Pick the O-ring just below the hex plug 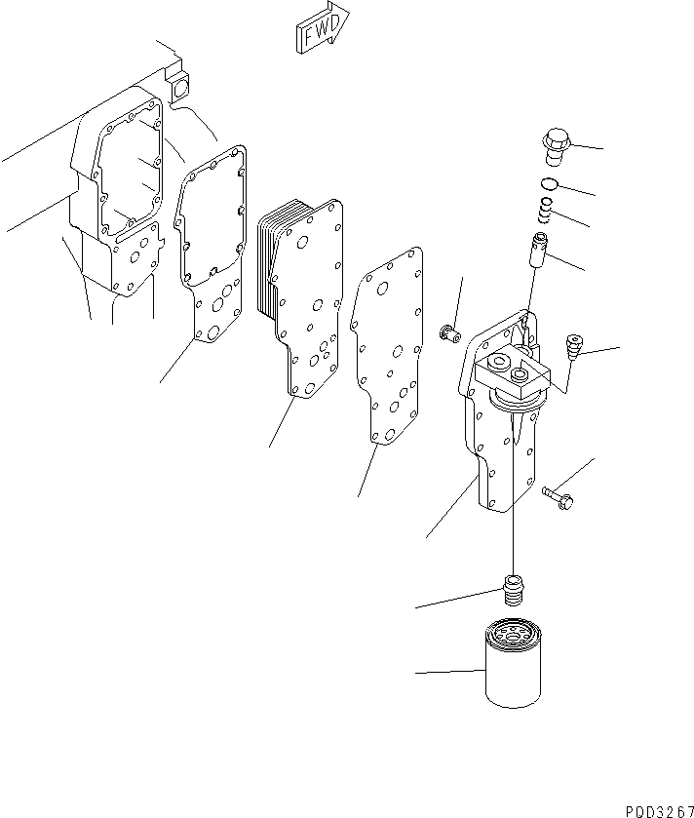[550, 184]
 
